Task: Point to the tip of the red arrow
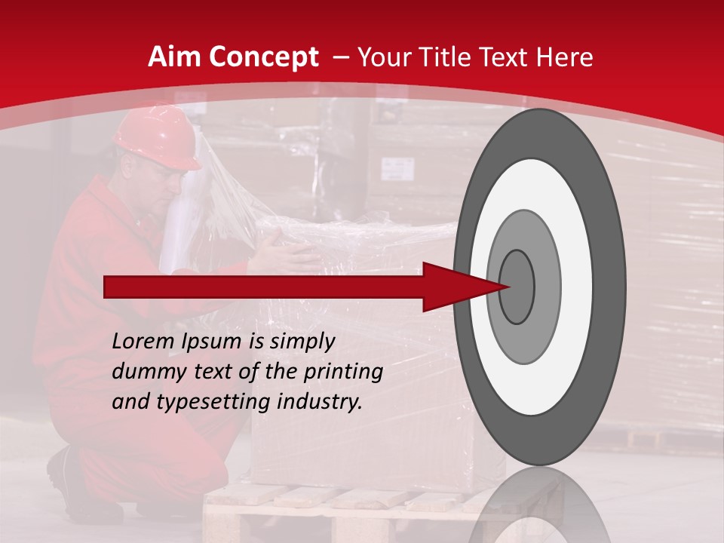510,287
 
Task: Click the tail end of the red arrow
108,287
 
